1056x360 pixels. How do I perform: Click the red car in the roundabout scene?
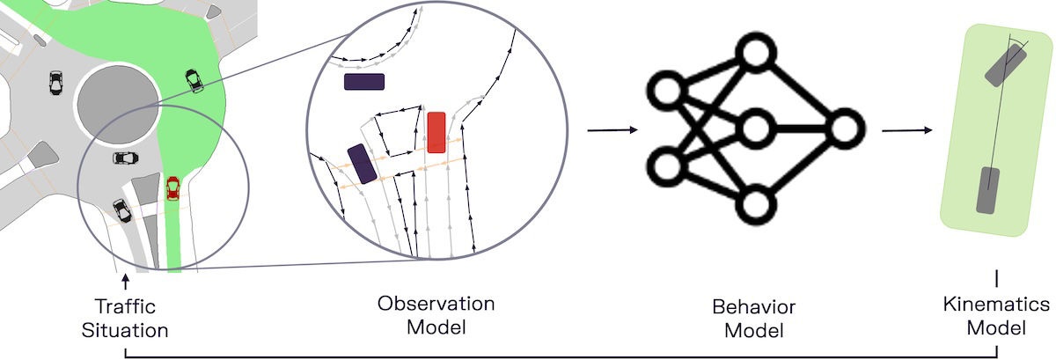(x=172, y=187)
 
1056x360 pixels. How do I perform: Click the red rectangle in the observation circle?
(x=436, y=133)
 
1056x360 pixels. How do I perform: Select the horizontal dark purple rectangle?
(x=363, y=82)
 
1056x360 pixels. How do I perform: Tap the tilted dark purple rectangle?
(x=362, y=164)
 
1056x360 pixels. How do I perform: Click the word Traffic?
(x=125, y=307)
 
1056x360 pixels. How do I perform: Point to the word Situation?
(x=126, y=330)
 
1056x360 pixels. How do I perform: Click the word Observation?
(x=436, y=304)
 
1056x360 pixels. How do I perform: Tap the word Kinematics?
(x=995, y=305)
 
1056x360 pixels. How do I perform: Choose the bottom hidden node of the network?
(x=754, y=204)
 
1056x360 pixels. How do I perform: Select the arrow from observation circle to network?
(x=612, y=131)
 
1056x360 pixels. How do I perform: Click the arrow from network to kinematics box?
(x=907, y=131)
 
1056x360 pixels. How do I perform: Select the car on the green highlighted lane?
(x=193, y=81)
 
